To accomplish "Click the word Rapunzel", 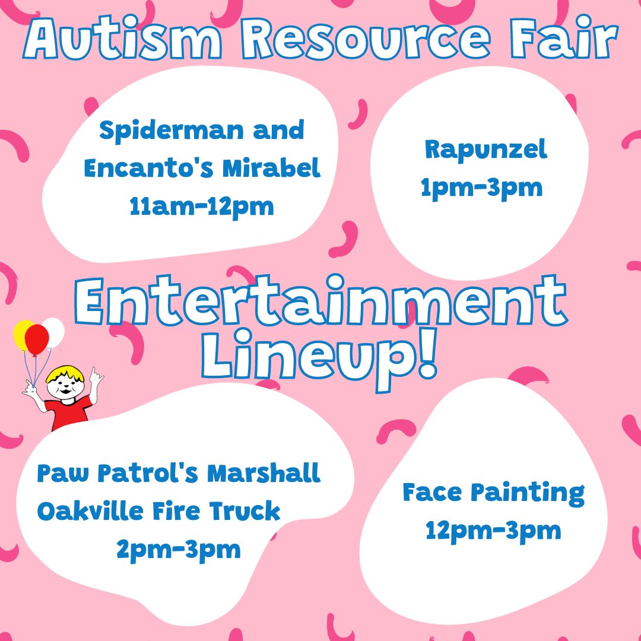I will (x=485, y=150).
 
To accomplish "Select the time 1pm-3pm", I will (x=481, y=188).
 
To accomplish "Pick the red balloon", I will (x=37, y=338).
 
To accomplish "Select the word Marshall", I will (x=264, y=474).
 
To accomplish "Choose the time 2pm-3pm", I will (x=178, y=549).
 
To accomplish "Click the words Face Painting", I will (x=493, y=493).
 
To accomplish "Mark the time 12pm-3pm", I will (x=493, y=530).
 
